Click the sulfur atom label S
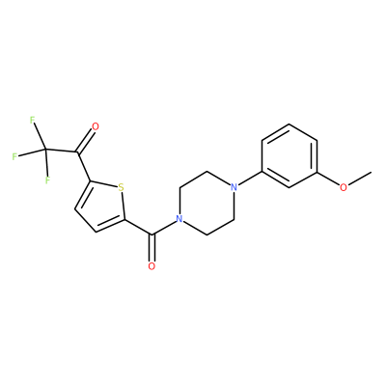121,187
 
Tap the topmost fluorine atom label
32,120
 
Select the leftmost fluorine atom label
14,156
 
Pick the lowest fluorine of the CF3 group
47,179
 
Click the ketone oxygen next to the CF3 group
96,126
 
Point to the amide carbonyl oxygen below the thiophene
152,266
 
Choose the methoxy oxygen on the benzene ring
344,187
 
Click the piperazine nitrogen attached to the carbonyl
179,219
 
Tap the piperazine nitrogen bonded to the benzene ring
234,187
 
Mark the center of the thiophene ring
101,206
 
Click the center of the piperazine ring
207,204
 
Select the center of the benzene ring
289,155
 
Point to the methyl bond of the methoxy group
360,179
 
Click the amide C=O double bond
152,248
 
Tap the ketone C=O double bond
85,141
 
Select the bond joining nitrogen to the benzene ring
250,179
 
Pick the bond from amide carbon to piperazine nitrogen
163,228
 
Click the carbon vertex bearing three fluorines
45,150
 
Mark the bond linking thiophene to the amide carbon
138,227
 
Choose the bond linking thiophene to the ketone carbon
83,166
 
